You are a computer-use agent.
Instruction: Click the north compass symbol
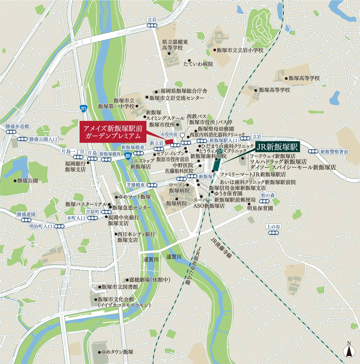pyautogui.click(x=349, y=350)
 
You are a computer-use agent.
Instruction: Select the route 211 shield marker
pyautogui.click(x=83, y=108)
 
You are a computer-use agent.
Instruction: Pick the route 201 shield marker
pyautogui.click(x=127, y=155)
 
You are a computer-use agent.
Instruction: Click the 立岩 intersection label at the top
pyautogui.click(x=152, y=19)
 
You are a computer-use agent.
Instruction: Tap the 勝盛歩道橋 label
pyautogui.click(x=17, y=126)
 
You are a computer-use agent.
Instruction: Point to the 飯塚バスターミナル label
pyautogui.click(x=86, y=204)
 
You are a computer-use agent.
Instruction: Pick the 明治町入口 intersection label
pyautogui.click(x=41, y=226)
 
